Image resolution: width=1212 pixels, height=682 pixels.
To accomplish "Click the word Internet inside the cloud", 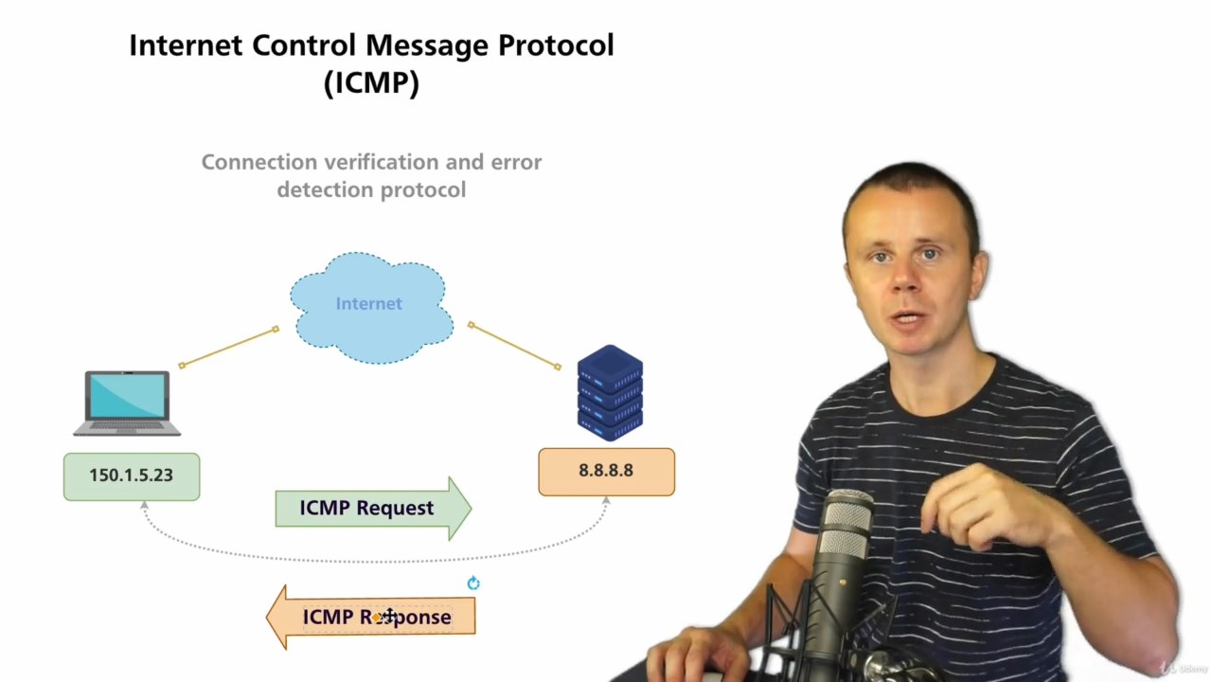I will point(368,304).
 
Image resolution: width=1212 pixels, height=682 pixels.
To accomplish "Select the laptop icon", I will point(127,403).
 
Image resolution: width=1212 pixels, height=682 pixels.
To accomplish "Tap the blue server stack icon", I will point(610,393).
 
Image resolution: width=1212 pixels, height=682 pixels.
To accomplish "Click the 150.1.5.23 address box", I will point(132,476).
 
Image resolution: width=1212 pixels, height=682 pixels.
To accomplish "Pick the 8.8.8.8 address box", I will point(606,471).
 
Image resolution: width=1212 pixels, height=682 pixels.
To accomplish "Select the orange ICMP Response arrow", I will point(371,617).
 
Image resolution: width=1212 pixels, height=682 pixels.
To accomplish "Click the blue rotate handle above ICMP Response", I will point(473,583).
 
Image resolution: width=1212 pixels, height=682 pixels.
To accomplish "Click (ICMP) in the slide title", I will point(371,82).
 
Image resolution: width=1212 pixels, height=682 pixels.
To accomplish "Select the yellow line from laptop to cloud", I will point(228,348).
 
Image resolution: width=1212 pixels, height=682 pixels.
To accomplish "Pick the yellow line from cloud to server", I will point(515,346).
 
